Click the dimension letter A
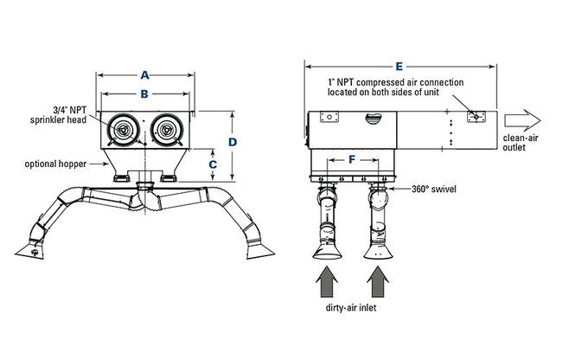[x=145, y=75]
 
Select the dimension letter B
[x=145, y=93]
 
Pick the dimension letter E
[x=399, y=64]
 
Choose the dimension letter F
[x=350, y=158]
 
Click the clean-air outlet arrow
[x=524, y=120]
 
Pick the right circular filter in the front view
[x=166, y=129]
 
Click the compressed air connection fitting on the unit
[x=474, y=116]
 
